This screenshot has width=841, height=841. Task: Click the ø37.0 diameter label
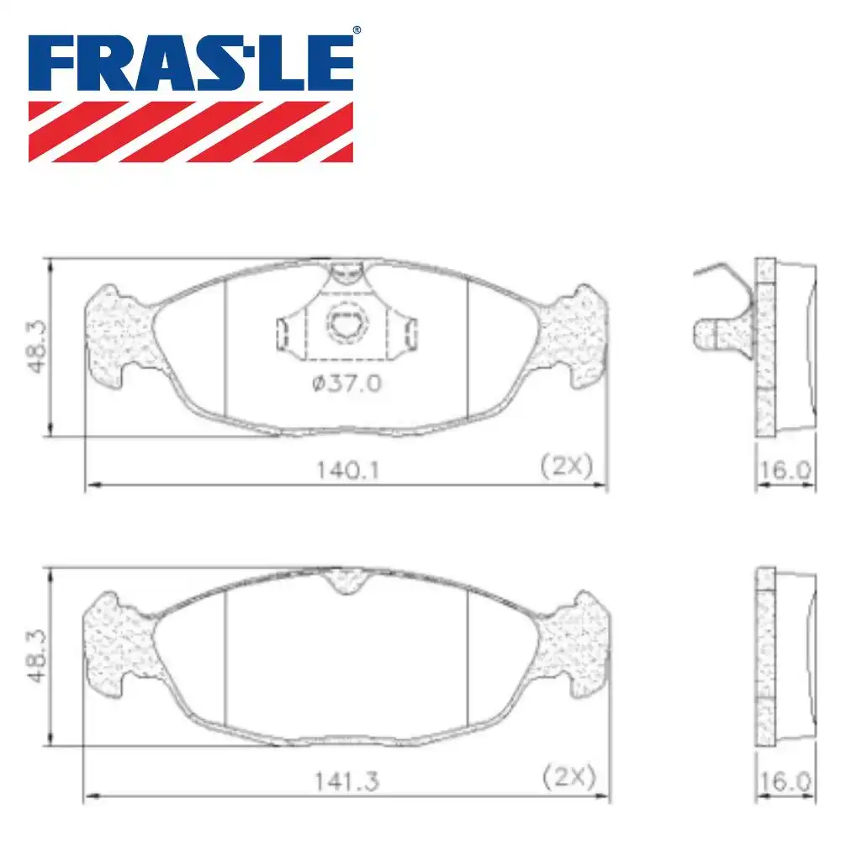tap(346, 383)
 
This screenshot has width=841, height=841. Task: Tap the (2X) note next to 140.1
tap(567, 466)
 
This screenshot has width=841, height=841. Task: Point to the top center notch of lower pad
tap(347, 580)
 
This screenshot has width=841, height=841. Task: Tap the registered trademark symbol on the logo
tap(357, 30)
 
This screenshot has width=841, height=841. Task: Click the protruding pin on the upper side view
tap(711, 333)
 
